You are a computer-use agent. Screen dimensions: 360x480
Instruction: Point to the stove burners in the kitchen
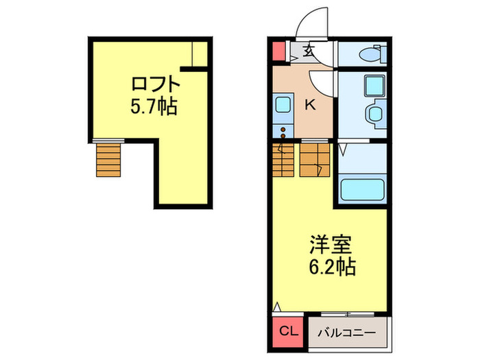(x=282, y=130)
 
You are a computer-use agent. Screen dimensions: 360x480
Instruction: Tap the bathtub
(x=363, y=188)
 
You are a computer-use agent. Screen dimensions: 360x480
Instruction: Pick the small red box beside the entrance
(x=278, y=51)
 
